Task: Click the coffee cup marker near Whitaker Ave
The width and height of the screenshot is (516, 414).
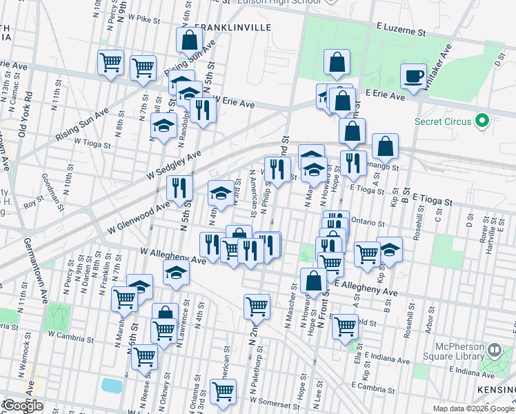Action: (x=414, y=76)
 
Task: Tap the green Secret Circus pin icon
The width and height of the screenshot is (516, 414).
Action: (x=483, y=121)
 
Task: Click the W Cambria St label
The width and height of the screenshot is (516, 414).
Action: (x=70, y=339)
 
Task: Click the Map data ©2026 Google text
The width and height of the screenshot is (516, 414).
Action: (x=473, y=408)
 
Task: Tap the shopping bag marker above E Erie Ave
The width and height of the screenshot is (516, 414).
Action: (x=337, y=63)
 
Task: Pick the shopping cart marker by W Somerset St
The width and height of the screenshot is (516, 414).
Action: (x=224, y=391)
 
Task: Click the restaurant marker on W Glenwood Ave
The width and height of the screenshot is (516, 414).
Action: (x=179, y=188)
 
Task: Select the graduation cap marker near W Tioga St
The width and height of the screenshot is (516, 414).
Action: (x=163, y=126)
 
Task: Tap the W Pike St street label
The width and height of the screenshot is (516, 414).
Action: (x=143, y=21)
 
